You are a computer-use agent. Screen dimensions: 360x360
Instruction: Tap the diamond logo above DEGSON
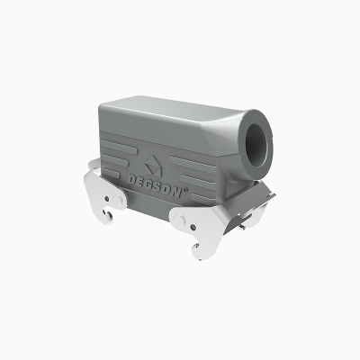point(153,166)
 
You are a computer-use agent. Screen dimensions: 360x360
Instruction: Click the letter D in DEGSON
point(131,180)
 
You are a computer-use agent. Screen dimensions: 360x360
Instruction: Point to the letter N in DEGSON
point(177,193)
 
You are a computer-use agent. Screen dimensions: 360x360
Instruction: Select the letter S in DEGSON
point(159,188)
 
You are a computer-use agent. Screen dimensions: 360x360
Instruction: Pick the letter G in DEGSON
point(150,185)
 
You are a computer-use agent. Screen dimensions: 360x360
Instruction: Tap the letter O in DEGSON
point(168,191)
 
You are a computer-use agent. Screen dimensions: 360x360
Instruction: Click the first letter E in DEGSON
point(141,183)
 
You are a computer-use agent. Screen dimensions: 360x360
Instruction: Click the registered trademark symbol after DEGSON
point(184,190)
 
